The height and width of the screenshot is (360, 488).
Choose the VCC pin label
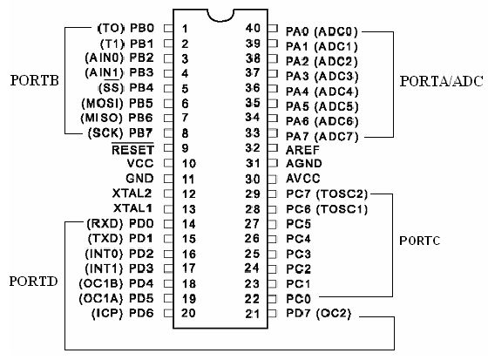pos(141,163)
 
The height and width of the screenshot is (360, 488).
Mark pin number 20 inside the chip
pos(186,312)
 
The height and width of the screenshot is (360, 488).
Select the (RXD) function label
pos(106,223)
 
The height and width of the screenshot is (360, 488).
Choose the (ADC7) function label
pos(335,132)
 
